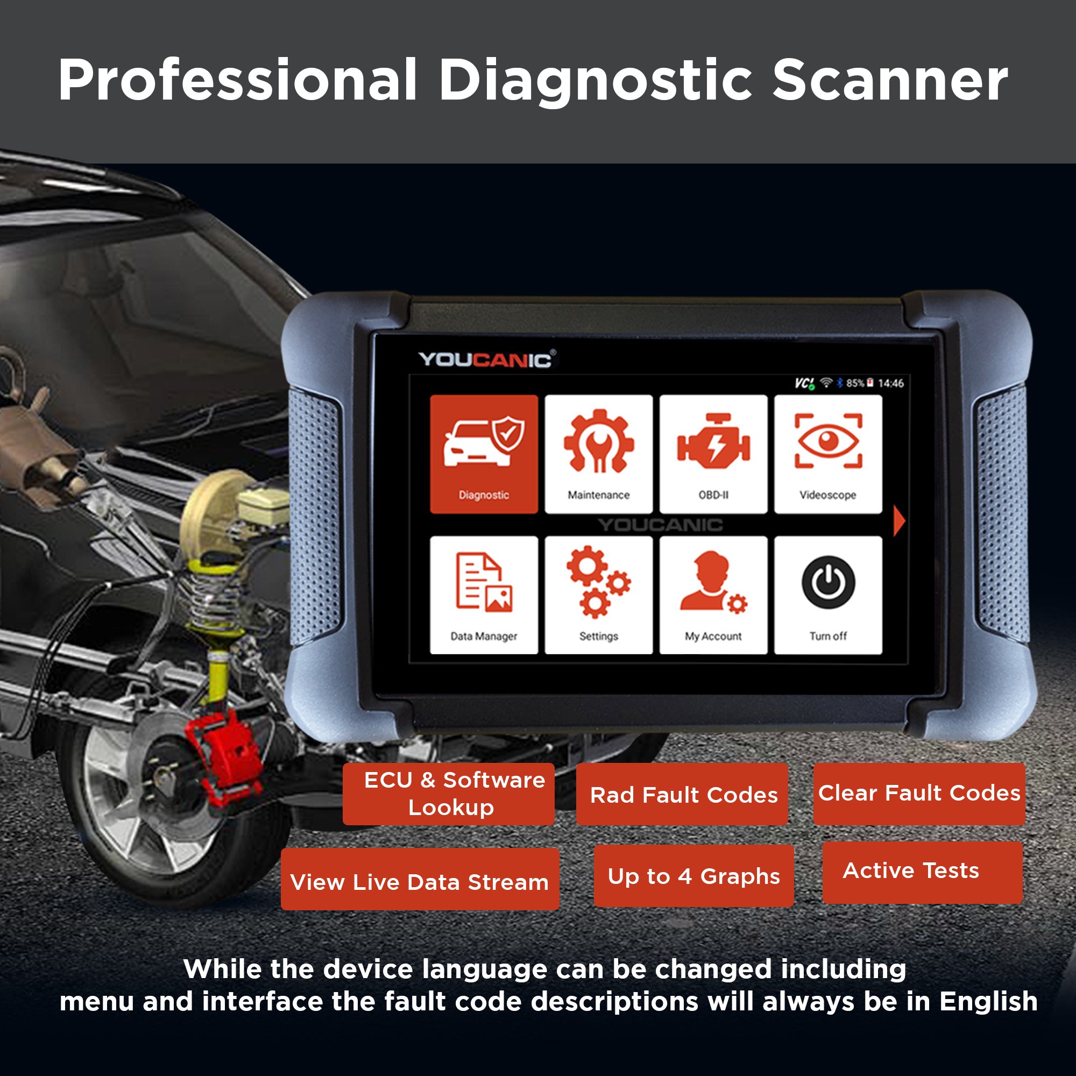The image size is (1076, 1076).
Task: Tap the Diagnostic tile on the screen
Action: coord(484,454)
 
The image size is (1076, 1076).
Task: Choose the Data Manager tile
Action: coord(484,595)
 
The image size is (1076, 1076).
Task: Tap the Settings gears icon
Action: coord(599,582)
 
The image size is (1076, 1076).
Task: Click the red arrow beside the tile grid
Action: coord(898,521)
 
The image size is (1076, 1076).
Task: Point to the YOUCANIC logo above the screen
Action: coord(486,360)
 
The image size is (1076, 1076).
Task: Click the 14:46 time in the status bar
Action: coord(890,383)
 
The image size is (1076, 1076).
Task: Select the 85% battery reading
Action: coord(855,383)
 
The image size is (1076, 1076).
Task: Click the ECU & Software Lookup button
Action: coord(449,794)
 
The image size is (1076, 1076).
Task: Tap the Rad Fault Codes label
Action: coord(683,795)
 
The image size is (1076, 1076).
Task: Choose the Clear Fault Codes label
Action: coord(919,793)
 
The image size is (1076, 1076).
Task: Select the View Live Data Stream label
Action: coord(420,882)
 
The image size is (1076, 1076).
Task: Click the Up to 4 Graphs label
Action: coord(693,876)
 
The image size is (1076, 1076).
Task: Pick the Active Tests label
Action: coord(911,870)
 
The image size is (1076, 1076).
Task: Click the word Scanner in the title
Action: coord(889,81)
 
